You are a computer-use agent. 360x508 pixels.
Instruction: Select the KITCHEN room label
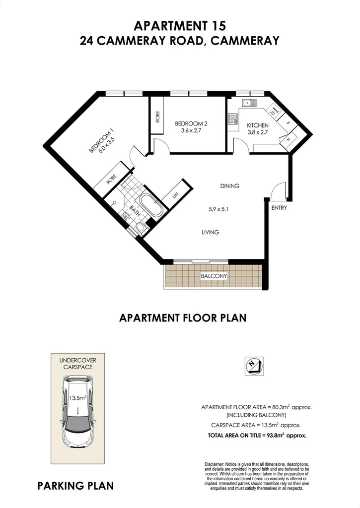coord(258,126)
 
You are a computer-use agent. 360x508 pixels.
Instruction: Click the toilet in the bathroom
coord(141,227)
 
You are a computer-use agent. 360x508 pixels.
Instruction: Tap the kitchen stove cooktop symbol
coord(232,119)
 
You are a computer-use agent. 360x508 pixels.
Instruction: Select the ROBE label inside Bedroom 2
coord(157,116)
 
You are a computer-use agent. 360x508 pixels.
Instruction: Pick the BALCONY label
coord(214,276)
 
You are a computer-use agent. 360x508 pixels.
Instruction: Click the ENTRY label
coord(279,208)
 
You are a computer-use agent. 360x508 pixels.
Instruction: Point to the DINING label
coord(230,186)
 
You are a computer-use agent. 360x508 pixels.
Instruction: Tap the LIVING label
coord(211,232)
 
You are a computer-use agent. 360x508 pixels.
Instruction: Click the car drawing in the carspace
coord(77,411)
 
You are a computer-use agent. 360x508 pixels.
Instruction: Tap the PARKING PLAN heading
coord(75,486)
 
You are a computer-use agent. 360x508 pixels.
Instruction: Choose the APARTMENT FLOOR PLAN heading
coord(183,318)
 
